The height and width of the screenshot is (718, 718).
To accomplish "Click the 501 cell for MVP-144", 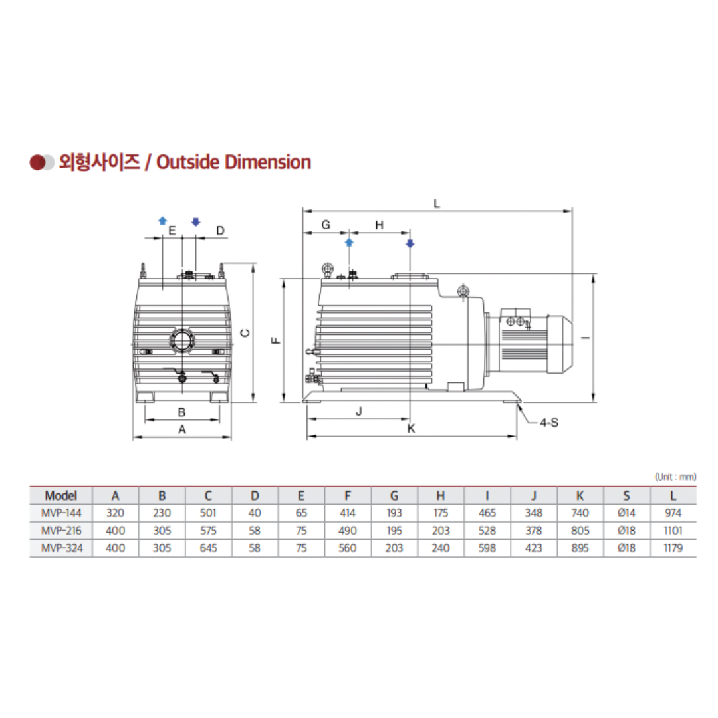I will [x=208, y=513].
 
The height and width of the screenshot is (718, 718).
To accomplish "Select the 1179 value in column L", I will [x=673, y=548].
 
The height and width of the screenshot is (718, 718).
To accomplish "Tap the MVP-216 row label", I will [x=60, y=531].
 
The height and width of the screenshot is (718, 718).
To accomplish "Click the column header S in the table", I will [x=626, y=495].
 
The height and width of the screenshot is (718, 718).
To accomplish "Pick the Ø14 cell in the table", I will [x=626, y=513].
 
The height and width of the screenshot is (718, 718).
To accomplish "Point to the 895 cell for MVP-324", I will [x=580, y=548].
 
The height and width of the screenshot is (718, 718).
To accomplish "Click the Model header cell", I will [x=60, y=495].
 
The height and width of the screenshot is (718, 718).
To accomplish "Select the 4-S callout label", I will [x=548, y=422].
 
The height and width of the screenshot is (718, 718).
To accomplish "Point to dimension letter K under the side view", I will [x=411, y=429].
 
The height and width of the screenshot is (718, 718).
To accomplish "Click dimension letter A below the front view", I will [x=182, y=430].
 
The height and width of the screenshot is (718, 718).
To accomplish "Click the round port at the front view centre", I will [x=181, y=341].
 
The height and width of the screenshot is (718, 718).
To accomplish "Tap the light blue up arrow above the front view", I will [x=162, y=221].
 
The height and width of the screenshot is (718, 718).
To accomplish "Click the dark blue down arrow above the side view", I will [x=410, y=243].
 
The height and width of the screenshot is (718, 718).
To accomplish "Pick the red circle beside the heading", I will [x=37, y=162].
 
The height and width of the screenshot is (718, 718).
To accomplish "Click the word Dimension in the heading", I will [x=268, y=162].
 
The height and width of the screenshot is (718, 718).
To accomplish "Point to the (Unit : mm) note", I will [x=675, y=476].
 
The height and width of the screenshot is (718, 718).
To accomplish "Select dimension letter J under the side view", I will [x=358, y=412].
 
